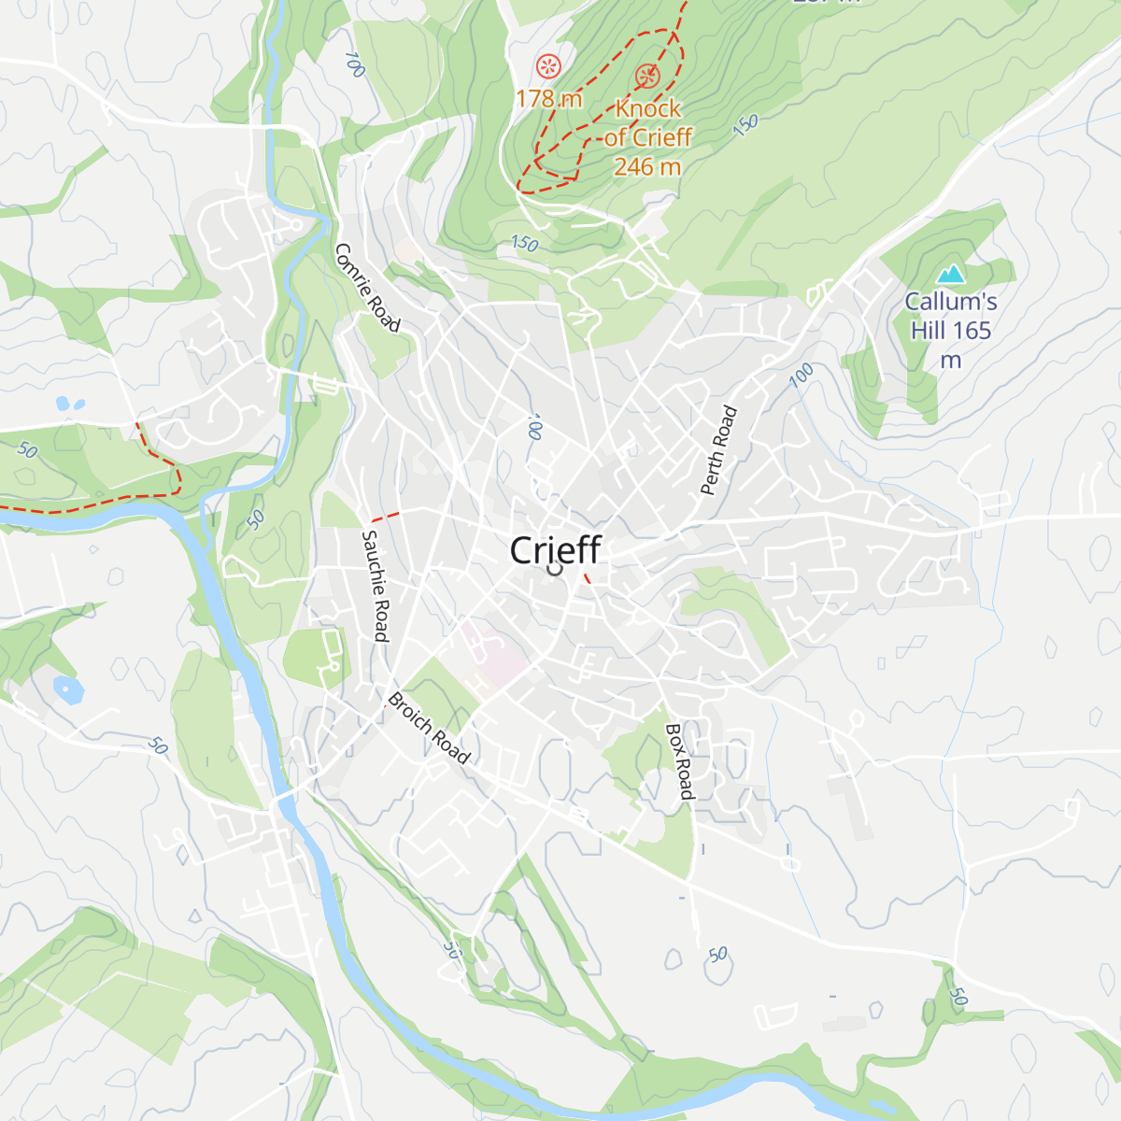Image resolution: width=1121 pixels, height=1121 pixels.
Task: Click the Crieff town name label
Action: pos(555,549)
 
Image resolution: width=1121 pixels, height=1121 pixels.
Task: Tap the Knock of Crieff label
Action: pos(648,122)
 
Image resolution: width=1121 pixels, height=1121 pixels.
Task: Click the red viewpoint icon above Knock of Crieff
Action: pos(646,76)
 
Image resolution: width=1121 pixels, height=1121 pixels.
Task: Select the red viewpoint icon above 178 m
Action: pos(548,65)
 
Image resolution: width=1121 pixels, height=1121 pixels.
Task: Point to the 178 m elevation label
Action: pos(548,98)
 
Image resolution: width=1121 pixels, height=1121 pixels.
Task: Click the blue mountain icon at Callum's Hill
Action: pos(950,274)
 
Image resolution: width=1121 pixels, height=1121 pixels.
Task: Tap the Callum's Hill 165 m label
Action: pos(950,330)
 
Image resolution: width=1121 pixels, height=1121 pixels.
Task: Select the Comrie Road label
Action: pos(367,288)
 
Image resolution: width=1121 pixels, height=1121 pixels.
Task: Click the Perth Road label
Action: pos(718,450)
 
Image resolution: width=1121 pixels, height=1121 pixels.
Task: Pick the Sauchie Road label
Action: pos(375,586)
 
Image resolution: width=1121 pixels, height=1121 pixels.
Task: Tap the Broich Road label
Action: pos(429,727)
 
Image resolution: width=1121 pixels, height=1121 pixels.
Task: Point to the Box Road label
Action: pos(680,761)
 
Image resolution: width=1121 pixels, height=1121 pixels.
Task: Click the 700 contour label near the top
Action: pos(354,64)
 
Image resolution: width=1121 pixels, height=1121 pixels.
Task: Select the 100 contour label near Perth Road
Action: pos(801,376)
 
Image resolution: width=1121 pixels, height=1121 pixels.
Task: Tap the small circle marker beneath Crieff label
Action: pos(554,567)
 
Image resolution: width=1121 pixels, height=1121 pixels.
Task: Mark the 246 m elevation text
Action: pos(647,167)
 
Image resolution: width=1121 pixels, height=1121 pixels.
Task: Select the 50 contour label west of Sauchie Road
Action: pos(255,519)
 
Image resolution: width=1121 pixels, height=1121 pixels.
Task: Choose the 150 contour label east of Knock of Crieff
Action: pos(745,125)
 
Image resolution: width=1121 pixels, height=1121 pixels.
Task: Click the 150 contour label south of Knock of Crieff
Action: pos(524,244)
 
